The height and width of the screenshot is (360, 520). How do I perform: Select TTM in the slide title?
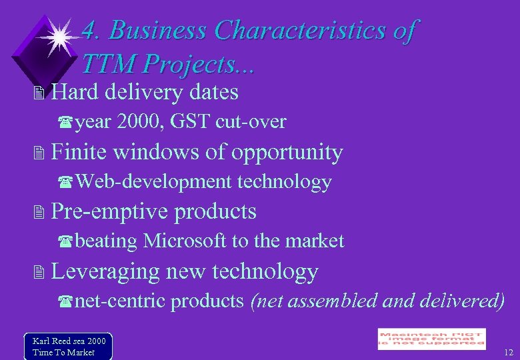(x=109, y=64)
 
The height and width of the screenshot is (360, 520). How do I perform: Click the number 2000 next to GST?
(x=141, y=122)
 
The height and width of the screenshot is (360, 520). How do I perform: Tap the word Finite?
(x=79, y=152)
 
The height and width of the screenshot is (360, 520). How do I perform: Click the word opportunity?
(x=287, y=152)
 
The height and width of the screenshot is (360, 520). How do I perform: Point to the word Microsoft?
(x=184, y=241)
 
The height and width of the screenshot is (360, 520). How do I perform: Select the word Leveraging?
(x=105, y=271)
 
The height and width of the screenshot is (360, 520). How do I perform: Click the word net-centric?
(x=119, y=301)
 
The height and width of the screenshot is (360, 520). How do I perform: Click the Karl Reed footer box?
(x=68, y=346)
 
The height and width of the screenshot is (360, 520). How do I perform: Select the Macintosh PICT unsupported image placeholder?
(x=431, y=338)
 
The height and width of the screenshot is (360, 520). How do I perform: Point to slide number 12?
(x=509, y=352)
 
